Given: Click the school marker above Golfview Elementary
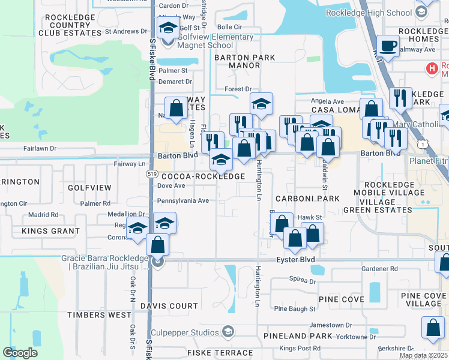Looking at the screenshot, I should [x=168, y=28].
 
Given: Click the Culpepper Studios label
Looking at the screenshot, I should [x=192, y=331].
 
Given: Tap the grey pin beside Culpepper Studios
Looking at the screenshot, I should [x=228, y=331].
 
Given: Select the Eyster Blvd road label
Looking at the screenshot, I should [x=295, y=260].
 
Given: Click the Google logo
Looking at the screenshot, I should [x=20, y=353].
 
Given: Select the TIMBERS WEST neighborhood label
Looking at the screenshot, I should [x=99, y=315].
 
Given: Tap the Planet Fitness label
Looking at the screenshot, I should [x=429, y=161].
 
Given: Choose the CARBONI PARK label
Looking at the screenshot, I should [x=307, y=198].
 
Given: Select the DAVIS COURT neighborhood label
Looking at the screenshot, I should [x=169, y=306].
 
